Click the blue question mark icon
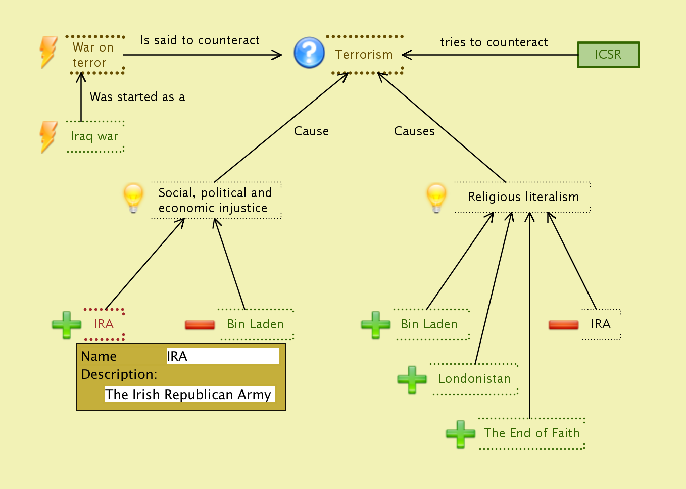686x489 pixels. click(x=309, y=53)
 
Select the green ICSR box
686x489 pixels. click(x=608, y=55)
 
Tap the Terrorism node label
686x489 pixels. click(x=364, y=55)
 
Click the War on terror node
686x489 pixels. click(x=93, y=55)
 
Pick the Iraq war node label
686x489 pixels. click(x=94, y=136)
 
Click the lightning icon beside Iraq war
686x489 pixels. click(x=48, y=136)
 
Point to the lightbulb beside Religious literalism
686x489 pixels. click(x=436, y=198)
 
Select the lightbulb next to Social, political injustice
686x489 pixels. click(x=133, y=198)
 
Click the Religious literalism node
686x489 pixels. click(x=523, y=197)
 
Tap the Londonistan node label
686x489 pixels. click(x=474, y=379)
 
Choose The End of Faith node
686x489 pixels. click(x=531, y=433)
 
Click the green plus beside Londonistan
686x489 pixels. click(x=412, y=379)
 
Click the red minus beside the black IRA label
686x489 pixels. click(x=563, y=325)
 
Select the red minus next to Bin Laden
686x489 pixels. click(x=200, y=325)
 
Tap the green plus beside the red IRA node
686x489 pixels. click(x=66, y=325)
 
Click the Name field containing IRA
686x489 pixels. click(x=222, y=356)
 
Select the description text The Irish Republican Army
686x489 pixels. click(x=188, y=395)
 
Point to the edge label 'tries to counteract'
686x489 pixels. click(x=494, y=42)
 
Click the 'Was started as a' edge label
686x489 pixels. click(x=137, y=97)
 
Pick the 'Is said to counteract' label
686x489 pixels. click(x=200, y=40)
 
